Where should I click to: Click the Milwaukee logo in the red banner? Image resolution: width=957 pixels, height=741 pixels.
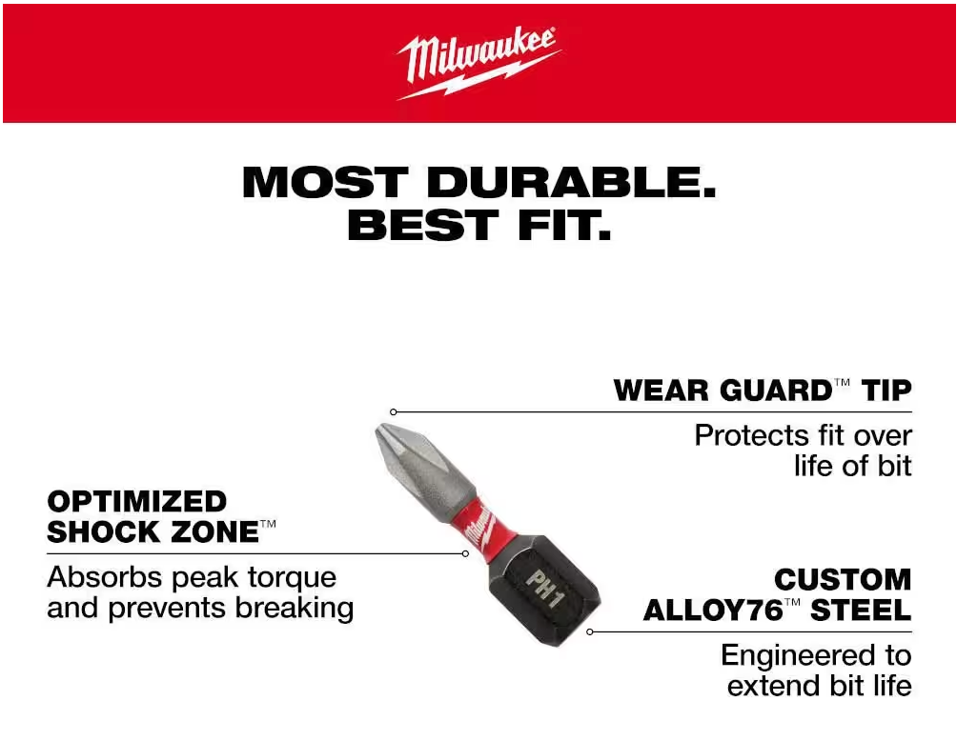[x=479, y=62]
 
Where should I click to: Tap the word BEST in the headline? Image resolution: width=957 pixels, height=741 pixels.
[x=422, y=225]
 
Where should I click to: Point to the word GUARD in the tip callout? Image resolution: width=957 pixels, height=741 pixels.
[x=775, y=391]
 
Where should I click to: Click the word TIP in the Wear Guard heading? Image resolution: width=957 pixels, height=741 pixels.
[x=886, y=391]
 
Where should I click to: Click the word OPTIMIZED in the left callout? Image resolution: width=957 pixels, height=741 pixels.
[x=136, y=502]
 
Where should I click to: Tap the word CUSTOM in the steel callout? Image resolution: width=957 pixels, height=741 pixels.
[x=843, y=579]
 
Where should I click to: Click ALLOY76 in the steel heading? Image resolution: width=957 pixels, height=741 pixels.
[x=713, y=611]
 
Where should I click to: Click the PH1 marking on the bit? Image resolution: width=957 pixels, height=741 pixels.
[x=544, y=588]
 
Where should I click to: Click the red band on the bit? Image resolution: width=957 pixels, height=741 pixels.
[x=479, y=523]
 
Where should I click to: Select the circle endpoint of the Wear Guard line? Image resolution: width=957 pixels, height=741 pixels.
[x=394, y=412]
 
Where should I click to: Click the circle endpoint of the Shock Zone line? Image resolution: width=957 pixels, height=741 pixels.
[x=466, y=553]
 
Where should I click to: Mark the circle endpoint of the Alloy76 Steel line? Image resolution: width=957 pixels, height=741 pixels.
[x=590, y=631]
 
